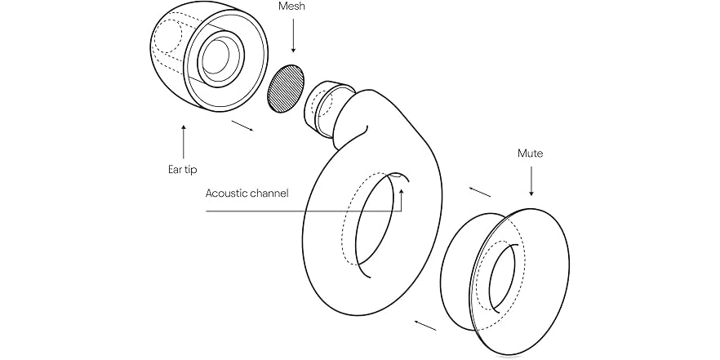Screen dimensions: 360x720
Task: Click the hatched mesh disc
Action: pyautogui.click(x=285, y=89)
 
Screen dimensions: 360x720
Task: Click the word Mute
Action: pyautogui.click(x=531, y=153)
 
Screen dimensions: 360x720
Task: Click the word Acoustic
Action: pyautogui.click(x=229, y=193)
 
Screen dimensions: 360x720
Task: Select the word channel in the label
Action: pyautogui.click(x=270, y=193)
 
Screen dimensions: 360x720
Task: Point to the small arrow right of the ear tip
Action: pyautogui.click(x=242, y=125)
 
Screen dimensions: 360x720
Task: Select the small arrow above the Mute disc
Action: pyautogui.click(x=480, y=192)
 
